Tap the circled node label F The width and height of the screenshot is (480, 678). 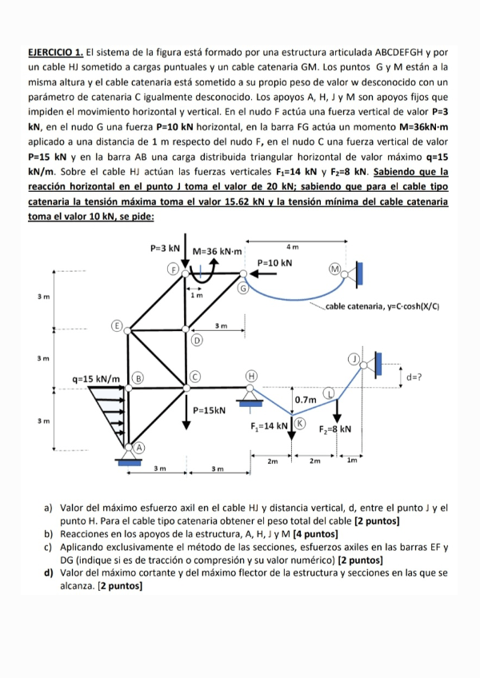(x=170, y=269)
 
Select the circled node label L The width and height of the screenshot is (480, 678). (x=327, y=393)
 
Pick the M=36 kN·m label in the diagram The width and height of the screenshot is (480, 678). (x=218, y=250)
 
